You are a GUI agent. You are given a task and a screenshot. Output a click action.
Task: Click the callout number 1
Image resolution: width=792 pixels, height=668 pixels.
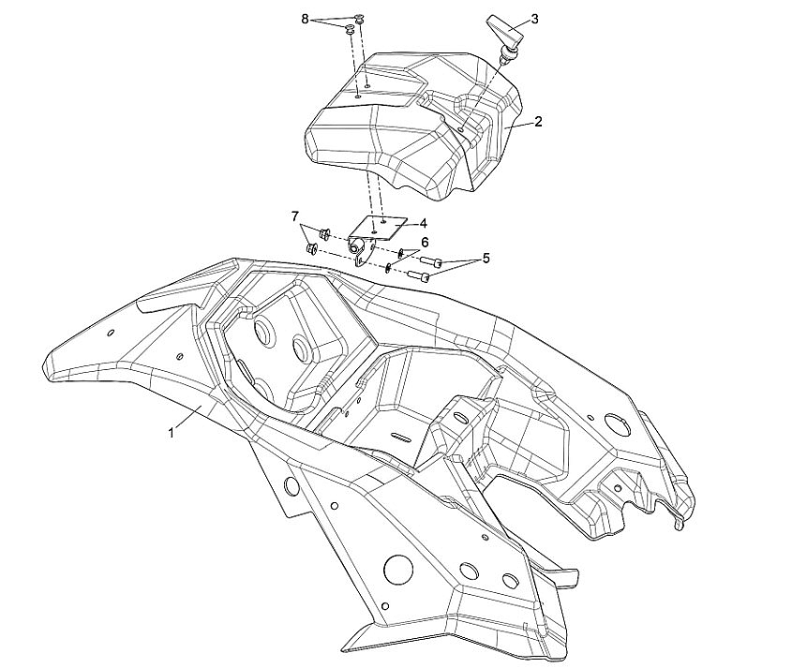(x=172, y=433)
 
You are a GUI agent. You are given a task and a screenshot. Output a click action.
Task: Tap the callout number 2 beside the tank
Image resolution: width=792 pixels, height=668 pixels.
(x=539, y=122)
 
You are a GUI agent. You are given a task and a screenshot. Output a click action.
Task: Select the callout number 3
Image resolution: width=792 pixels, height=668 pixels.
(x=535, y=18)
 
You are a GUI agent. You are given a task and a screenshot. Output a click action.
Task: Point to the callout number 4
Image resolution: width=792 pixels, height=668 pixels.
(x=424, y=223)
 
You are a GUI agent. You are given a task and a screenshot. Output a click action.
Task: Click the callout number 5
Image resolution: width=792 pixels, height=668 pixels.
(x=486, y=258)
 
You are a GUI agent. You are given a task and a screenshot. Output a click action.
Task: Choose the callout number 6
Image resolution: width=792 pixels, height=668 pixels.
(x=424, y=241)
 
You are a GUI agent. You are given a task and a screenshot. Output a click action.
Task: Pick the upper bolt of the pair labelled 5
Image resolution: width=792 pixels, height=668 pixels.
(x=430, y=262)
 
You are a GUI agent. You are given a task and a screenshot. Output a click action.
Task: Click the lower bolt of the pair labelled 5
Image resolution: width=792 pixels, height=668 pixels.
(x=419, y=276)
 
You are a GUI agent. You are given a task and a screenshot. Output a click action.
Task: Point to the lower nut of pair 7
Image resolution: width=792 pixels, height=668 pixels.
(x=311, y=249)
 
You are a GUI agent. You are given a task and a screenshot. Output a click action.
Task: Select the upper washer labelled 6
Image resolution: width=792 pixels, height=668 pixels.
(x=401, y=252)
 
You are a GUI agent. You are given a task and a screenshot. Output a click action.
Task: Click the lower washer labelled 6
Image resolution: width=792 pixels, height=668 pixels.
(x=388, y=267)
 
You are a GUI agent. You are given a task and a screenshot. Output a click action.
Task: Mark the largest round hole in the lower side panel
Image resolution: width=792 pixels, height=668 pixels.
(x=399, y=568)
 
